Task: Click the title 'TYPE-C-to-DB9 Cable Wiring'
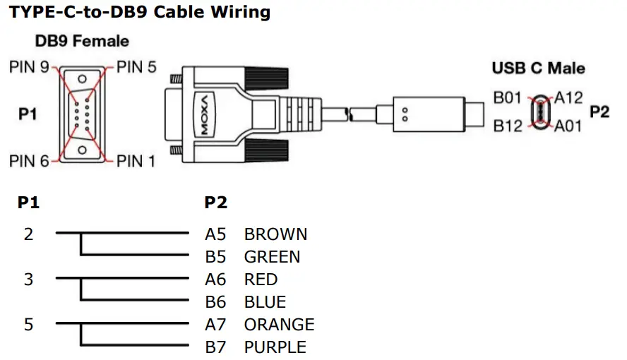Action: pos(140,12)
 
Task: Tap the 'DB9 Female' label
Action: pos(82,41)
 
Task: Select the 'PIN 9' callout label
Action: pos(29,68)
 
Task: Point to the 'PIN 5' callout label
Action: pos(136,68)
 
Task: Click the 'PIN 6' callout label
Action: pos(29,162)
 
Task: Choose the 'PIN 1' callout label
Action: pos(136,162)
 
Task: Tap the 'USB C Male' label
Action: pos(539,68)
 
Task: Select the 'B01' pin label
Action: pos(507,98)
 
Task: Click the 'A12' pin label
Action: pos(568,98)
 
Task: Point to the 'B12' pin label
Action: pos(507,126)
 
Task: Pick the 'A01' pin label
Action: pos(568,126)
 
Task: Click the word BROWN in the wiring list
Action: pos(275,234)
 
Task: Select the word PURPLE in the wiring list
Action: pos(275,347)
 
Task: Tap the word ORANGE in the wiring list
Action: pos(279,325)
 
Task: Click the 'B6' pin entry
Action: pos(215,302)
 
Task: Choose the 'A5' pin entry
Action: pos(215,234)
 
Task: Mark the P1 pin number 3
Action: pos(28,280)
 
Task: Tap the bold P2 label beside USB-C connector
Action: pos(599,112)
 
